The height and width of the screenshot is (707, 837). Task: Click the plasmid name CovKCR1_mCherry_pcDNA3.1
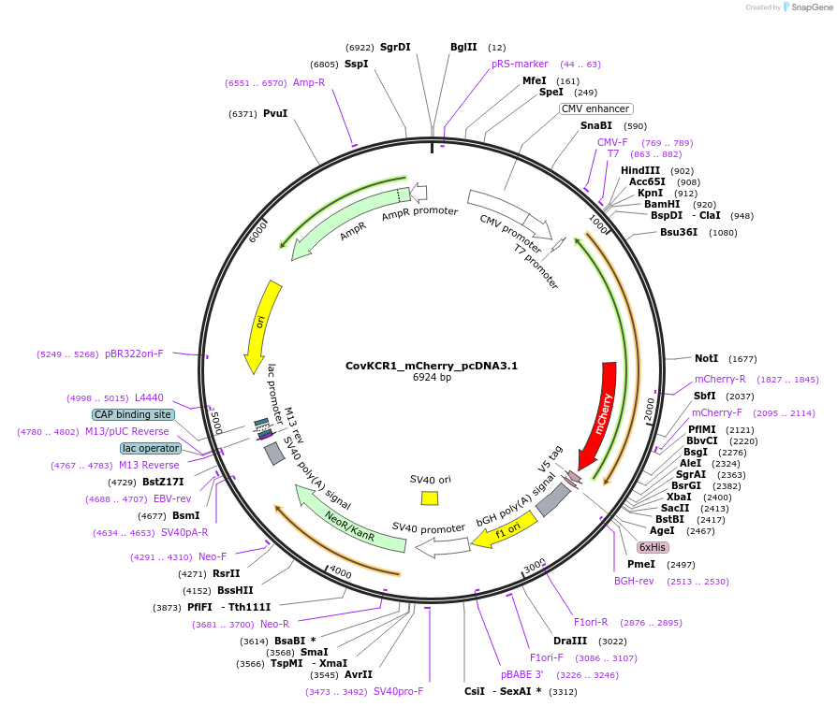[x=432, y=366]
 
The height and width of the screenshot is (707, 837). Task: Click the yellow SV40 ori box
[x=430, y=498]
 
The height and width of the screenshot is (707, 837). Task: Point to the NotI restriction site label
[x=706, y=358]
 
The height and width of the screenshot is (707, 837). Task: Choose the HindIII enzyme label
[x=640, y=170]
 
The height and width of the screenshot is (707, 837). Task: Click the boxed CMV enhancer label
[x=595, y=108]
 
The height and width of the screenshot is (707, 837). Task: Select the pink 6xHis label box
[x=653, y=547]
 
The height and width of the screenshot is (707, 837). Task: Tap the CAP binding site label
[x=133, y=414]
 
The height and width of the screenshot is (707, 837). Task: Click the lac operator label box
[x=150, y=448]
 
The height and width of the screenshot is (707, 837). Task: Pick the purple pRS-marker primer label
[x=520, y=64]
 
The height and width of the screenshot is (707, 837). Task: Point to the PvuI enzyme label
[x=275, y=113]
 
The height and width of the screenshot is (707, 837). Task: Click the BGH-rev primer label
[x=634, y=581]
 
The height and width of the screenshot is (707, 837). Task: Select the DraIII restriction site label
[x=570, y=642]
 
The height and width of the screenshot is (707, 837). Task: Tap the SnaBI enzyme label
[x=595, y=125]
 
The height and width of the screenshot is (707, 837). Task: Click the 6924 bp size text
[x=432, y=378]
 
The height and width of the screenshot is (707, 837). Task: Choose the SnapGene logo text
[x=809, y=7]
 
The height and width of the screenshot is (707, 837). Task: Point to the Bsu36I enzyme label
[x=679, y=232]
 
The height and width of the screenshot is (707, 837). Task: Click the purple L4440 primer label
[x=149, y=397]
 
